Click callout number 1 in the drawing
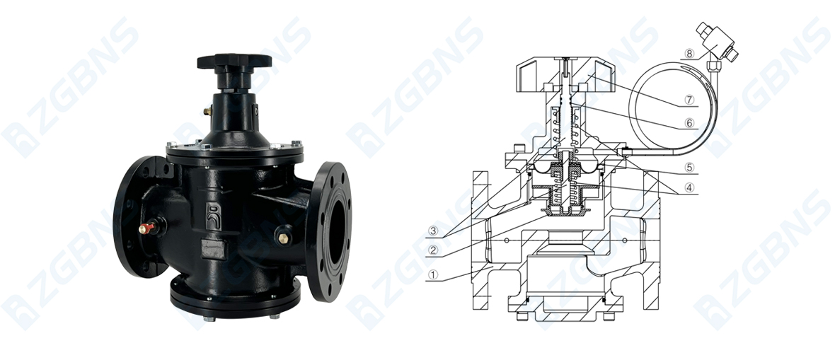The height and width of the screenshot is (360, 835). tap(433, 275)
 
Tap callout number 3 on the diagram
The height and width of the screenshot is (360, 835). tap(433, 230)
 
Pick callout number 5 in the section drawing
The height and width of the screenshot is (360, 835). tap(689, 167)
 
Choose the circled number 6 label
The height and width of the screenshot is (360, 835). tap(689, 123)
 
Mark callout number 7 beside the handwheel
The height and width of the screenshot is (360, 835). tap(689, 100)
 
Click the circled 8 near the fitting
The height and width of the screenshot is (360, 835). tap(689, 53)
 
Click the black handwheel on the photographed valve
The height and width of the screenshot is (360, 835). tap(234, 62)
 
